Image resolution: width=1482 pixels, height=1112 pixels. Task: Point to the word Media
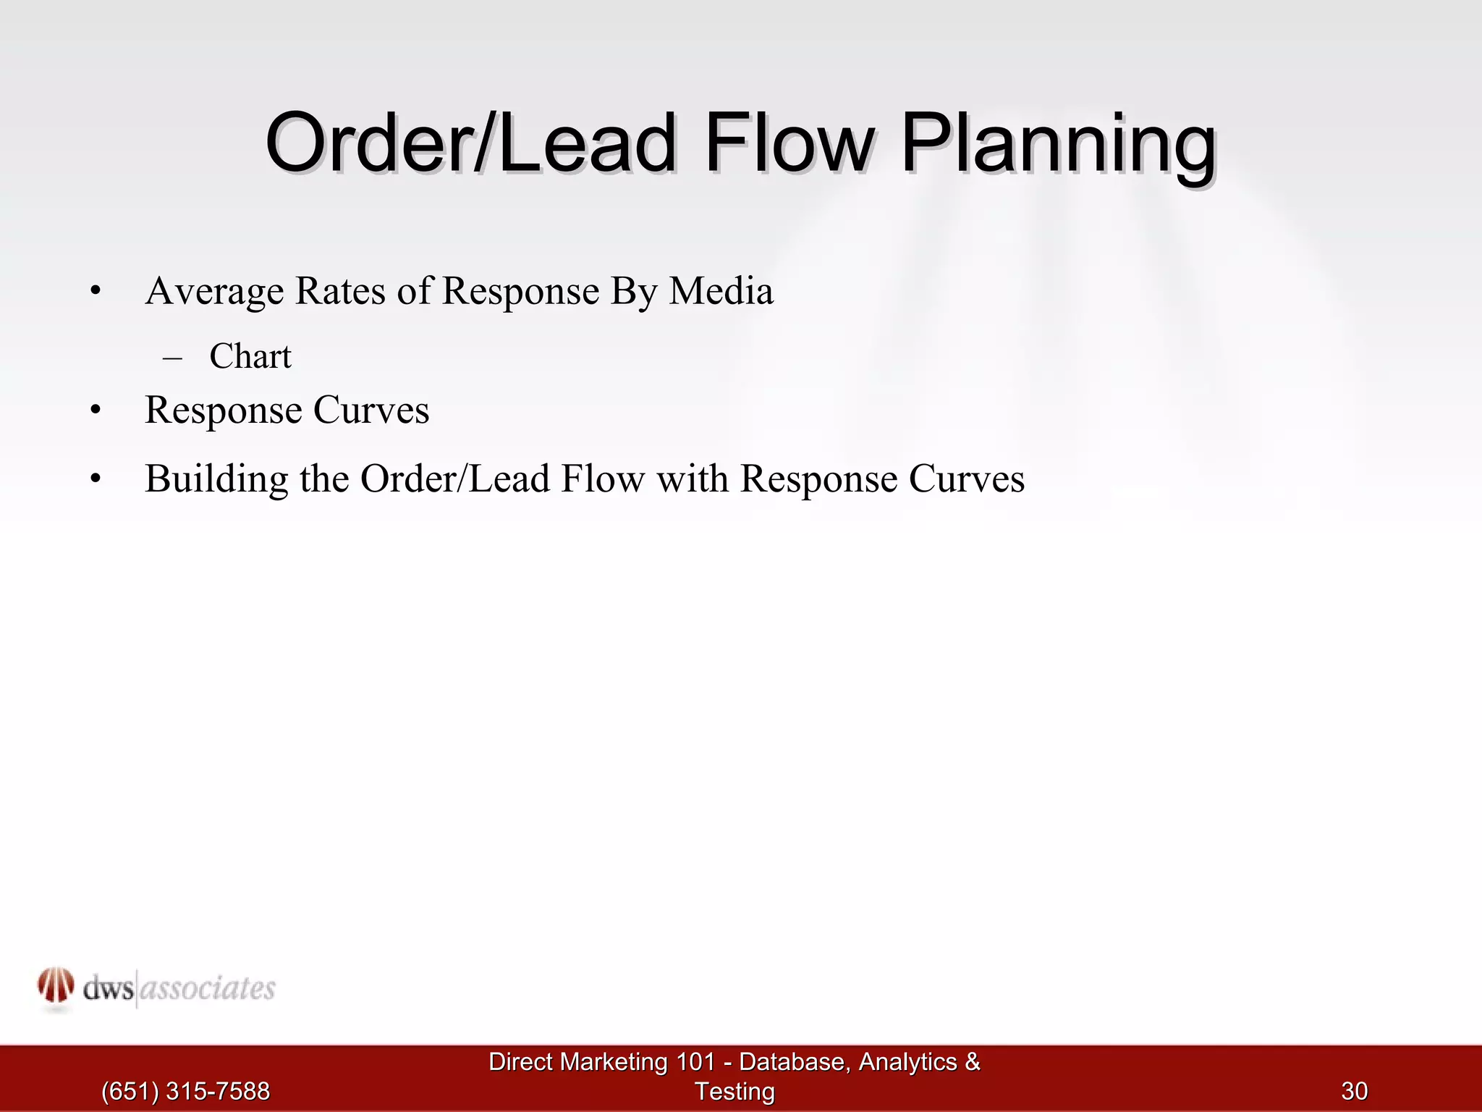[x=721, y=291]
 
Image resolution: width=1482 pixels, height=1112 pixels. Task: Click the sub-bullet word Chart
[x=250, y=356]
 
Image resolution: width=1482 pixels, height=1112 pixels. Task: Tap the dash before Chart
[x=172, y=357]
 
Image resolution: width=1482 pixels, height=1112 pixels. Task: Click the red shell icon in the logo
[x=56, y=986]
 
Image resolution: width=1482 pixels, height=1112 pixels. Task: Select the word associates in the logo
[x=207, y=988]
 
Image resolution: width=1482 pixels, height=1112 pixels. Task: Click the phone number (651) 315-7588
[x=185, y=1091]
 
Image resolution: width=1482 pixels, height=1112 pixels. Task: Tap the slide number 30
[x=1355, y=1091]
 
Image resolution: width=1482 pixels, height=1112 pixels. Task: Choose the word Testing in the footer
[x=734, y=1092]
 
